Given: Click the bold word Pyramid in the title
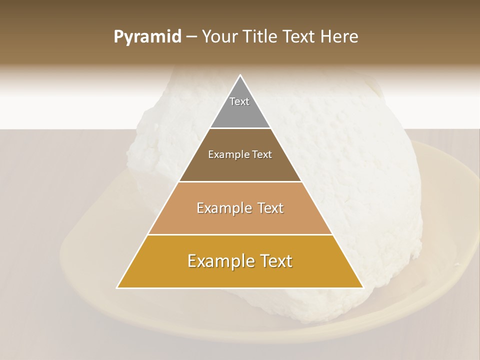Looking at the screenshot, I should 147,37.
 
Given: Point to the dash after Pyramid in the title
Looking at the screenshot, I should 191,37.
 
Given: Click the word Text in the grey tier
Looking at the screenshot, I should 239,101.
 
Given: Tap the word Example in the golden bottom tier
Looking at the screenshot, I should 218,261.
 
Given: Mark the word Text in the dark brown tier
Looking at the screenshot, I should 262,154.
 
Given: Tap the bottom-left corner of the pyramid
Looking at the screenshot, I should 117,287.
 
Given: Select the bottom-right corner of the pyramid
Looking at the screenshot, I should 363,287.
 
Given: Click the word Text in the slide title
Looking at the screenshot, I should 299,37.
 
